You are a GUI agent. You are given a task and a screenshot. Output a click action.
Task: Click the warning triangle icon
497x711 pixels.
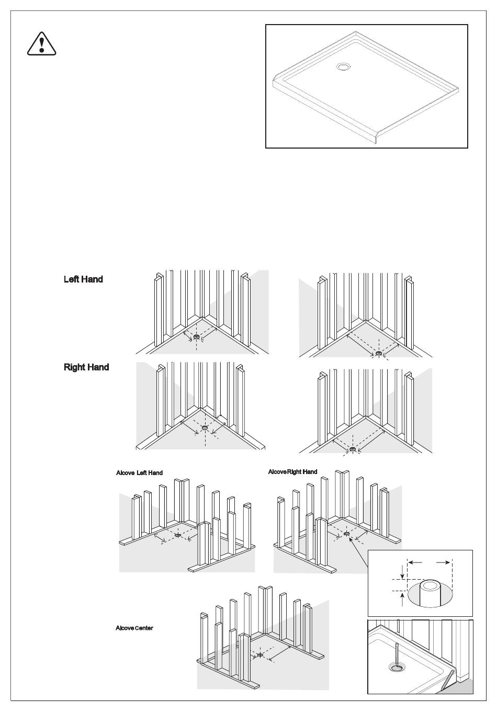(x=41, y=43)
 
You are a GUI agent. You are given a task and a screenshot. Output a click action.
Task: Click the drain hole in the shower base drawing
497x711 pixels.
(x=344, y=67)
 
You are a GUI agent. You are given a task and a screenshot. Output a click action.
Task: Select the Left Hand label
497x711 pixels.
(x=83, y=279)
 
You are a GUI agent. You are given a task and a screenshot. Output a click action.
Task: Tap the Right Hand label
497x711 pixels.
(x=86, y=367)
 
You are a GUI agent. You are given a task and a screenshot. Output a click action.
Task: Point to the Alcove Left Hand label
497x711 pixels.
(x=139, y=473)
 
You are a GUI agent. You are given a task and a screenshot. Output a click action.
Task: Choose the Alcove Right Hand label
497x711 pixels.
(x=292, y=472)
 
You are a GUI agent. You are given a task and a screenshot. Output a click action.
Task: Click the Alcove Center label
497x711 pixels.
(x=134, y=628)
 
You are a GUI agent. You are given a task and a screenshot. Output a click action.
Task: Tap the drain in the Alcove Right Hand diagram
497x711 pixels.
(x=346, y=534)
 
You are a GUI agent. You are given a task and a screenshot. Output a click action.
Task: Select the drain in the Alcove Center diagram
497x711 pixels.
(x=260, y=654)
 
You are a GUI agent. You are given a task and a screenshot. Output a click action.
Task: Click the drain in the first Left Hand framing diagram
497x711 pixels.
(x=196, y=337)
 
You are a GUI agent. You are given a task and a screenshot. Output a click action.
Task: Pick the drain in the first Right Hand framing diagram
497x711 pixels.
(x=205, y=428)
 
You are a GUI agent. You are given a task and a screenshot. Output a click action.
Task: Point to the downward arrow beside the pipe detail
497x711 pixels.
(x=402, y=570)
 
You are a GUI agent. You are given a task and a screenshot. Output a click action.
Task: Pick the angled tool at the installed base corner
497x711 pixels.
(x=447, y=680)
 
